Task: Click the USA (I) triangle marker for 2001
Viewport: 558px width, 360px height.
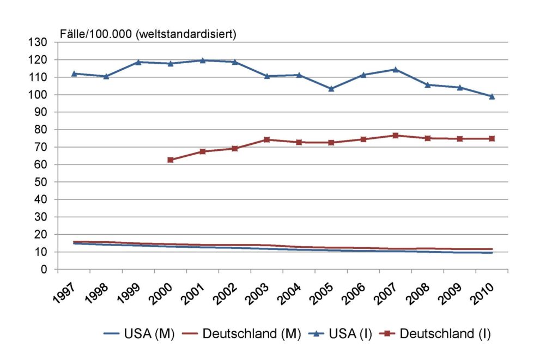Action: (x=202, y=60)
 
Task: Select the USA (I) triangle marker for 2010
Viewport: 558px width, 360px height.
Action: (x=492, y=96)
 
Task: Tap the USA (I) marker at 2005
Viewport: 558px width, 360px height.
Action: (x=331, y=89)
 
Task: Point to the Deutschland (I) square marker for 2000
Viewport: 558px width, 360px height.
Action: (x=170, y=160)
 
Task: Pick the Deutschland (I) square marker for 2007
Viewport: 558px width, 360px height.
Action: (x=395, y=136)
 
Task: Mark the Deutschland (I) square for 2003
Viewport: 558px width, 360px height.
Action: (x=266, y=139)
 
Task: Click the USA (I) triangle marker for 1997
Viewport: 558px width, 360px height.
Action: (x=74, y=74)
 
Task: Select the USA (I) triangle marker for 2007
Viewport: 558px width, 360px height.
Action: (x=395, y=70)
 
